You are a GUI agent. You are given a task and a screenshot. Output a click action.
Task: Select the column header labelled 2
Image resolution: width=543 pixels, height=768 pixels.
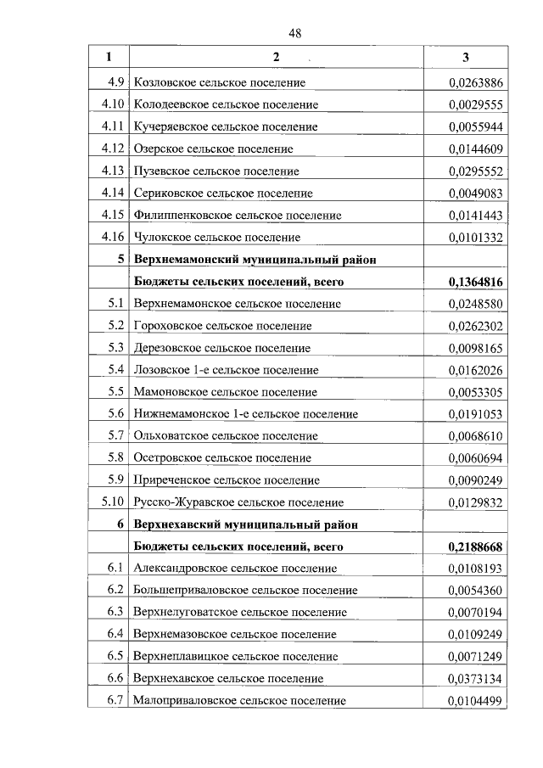276,57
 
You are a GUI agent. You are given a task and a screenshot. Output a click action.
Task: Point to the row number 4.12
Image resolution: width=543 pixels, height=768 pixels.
113,149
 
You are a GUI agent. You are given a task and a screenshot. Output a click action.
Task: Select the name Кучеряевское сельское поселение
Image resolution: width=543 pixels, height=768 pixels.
226,126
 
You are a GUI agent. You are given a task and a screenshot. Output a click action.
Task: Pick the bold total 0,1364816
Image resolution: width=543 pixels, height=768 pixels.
474,281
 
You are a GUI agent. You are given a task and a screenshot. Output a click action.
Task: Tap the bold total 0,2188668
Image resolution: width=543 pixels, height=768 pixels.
474,546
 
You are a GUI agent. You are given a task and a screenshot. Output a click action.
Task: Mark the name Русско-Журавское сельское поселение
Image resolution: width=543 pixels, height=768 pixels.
238,502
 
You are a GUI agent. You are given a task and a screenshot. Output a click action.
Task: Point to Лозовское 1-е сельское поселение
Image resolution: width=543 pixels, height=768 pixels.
225,370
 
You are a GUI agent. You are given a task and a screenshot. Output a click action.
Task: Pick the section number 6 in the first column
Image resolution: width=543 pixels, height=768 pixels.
121,524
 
